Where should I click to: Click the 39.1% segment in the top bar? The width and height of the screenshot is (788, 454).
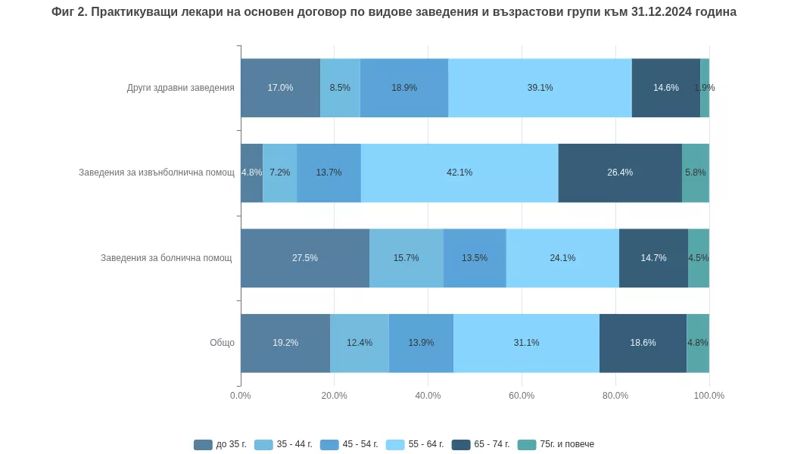click(x=540, y=88)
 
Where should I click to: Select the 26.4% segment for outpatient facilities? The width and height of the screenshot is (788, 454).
click(x=620, y=173)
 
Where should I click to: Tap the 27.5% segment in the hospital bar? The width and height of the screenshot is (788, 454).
click(x=304, y=258)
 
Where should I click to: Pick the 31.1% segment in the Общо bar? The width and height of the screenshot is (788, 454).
click(x=526, y=343)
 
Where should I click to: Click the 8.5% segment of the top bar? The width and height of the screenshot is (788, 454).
click(x=340, y=88)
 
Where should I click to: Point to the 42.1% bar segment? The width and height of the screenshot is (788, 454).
click(x=459, y=173)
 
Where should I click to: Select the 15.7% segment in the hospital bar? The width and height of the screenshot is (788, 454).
click(x=406, y=258)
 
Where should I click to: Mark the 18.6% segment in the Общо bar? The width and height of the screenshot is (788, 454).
click(x=643, y=343)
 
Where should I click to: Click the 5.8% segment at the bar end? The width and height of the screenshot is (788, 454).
click(x=695, y=173)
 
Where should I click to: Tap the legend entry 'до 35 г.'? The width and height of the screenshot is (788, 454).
click(x=221, y=444)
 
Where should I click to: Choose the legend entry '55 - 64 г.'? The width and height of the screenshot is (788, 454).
click(x=416, y=444)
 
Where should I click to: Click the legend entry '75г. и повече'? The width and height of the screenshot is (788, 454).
click(x=556, y=444)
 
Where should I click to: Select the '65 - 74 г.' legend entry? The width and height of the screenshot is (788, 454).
click(x=481, y=444)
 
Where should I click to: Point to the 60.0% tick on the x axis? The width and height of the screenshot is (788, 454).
click(x=522, y=396)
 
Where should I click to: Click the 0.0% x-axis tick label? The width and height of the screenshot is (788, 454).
click(x=241, y=396)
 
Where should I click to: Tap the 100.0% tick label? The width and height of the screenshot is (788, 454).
click(x=709, y=396)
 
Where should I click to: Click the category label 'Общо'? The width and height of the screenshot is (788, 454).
click(x=222, y=343)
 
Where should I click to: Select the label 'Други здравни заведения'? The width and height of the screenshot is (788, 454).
click(x=180, y=88)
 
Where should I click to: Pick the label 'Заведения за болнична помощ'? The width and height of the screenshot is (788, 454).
click(x=166, y=258)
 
